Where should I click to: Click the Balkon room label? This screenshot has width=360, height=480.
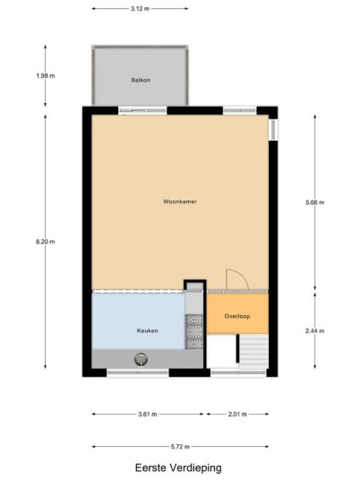141,80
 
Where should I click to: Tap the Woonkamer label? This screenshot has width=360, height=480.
180,201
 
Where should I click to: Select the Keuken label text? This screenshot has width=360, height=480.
147,330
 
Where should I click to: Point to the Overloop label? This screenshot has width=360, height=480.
237,316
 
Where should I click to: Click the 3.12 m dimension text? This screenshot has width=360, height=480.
140,9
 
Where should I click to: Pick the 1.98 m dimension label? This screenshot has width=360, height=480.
46,75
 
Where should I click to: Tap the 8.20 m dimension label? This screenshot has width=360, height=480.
46,242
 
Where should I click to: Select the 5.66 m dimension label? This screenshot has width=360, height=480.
314,202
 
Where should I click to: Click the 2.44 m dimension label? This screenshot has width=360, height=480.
314,330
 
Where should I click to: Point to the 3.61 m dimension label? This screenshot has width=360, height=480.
147,415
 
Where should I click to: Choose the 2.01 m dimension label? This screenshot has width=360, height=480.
237,415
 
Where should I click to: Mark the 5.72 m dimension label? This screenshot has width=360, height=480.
180,447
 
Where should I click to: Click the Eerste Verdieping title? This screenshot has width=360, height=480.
178,467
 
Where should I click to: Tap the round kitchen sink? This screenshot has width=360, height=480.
141,359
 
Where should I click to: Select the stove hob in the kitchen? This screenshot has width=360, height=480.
194,332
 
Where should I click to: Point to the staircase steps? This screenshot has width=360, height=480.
253,351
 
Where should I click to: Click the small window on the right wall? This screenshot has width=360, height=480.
273,129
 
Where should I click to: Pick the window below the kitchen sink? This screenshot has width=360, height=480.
138,373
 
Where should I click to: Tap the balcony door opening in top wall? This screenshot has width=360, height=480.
142,110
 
